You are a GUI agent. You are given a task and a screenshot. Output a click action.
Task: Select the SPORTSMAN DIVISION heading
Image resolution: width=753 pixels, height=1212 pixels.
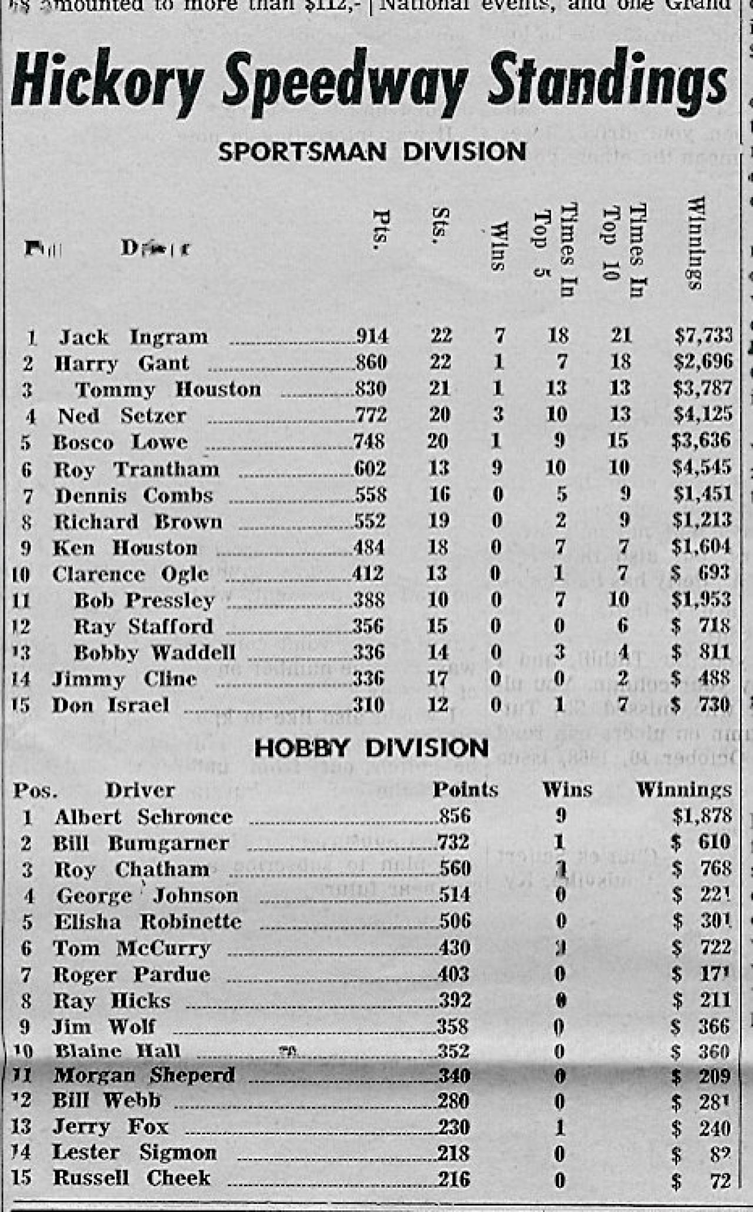pos(372,152)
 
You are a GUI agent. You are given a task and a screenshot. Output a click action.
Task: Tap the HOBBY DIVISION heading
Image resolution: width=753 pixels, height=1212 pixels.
pos(371,748)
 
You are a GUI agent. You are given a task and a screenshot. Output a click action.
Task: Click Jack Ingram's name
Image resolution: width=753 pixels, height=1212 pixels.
pos(133,337)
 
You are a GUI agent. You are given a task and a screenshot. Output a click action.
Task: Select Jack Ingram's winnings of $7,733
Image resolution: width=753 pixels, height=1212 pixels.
pos(703,335)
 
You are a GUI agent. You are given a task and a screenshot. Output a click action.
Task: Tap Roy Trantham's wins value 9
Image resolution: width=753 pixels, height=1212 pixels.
pos(498,468)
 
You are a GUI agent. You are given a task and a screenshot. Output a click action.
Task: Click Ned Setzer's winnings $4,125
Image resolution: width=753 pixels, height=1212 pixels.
pos(702,414)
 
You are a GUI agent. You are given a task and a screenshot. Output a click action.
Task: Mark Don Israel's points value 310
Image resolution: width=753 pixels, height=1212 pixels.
pos(368,705)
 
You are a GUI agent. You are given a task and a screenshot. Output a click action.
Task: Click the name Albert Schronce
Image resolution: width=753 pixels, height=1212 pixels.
pos(144,817)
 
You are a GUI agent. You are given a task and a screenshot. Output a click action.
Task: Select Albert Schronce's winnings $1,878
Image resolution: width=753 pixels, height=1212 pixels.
pos(702,815)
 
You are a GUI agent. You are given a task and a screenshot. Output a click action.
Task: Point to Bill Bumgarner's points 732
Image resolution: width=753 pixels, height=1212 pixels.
pos(454,843)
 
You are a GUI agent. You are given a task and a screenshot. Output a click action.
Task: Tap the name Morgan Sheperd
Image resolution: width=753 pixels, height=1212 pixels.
pos(144,1076)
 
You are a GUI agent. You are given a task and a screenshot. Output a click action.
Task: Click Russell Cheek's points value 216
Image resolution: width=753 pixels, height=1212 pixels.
pos(453,1179)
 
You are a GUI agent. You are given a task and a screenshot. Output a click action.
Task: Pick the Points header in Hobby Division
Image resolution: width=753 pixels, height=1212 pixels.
pos(465,790)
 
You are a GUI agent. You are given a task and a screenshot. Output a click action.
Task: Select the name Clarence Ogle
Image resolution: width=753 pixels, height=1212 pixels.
pos(130,574)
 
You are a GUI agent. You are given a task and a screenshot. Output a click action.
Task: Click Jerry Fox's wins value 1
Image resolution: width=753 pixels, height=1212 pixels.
pos(559,1127)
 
